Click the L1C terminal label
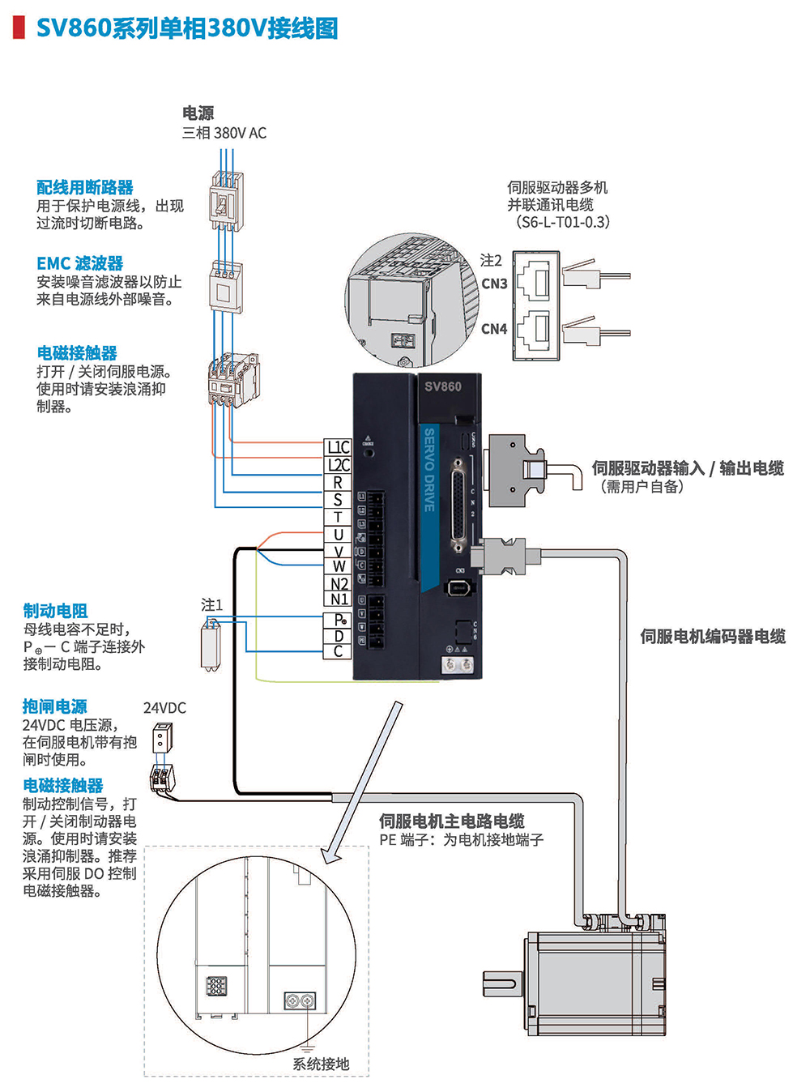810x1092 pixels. click(x=338, y=447)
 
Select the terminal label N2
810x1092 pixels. click(x=339, y=584)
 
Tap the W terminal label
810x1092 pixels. click(x=339, y=567)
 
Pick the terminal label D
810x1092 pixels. click(x=339, y=637)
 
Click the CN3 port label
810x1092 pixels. click(x=494, y=284)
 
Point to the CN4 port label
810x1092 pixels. click(x=494, y=329)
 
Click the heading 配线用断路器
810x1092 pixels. click(x=85, y=188)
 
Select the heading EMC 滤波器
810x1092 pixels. click(x=80, y=263)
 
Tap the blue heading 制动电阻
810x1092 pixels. click(x=55, y=611)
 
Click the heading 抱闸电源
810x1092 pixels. click(x=55, y=706)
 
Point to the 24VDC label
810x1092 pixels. click(x=164, y=708)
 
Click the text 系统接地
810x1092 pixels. click(x=321, y=1064)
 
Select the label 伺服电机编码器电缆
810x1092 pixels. click(x=713, y=637)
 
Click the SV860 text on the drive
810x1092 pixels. click(x=443, y=386)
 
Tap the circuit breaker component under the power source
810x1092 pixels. click(x=225, y=203)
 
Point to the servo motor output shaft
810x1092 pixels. click(x=499, y=984)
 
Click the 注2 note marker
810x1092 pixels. click(x=491, y=261)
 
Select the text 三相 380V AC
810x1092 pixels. click(x=224, y=133)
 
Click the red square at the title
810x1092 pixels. click(x=19, y=28)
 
